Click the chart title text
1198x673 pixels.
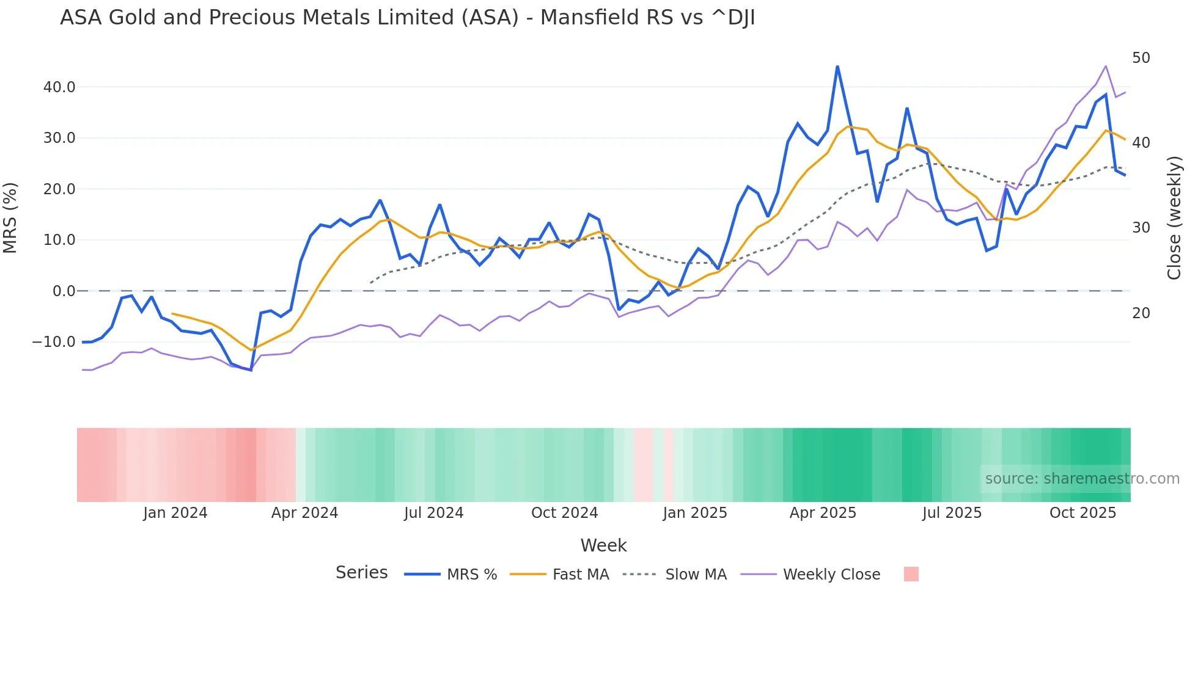coord(407,18)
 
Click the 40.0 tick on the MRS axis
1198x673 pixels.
coord(59,87)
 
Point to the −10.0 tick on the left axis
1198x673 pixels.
coord(54,342)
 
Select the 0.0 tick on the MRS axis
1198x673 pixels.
coord(64,291)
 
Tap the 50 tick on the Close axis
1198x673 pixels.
coord(1141,58)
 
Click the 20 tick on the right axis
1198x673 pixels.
coord(1141,313)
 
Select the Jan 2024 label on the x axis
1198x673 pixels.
coord(175,513)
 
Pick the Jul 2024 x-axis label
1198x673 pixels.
coord(433,513)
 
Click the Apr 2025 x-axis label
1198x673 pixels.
coord(823,513)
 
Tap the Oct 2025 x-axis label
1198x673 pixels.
coord(1082,513)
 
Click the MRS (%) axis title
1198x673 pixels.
coord(10,218)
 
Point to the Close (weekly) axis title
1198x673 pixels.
coord(1174,218)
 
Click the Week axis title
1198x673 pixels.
coord(603,545)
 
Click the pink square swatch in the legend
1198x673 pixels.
coord(911,574)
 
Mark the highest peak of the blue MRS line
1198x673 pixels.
coord(837,67)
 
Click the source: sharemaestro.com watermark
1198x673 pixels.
coord(1082,479)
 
